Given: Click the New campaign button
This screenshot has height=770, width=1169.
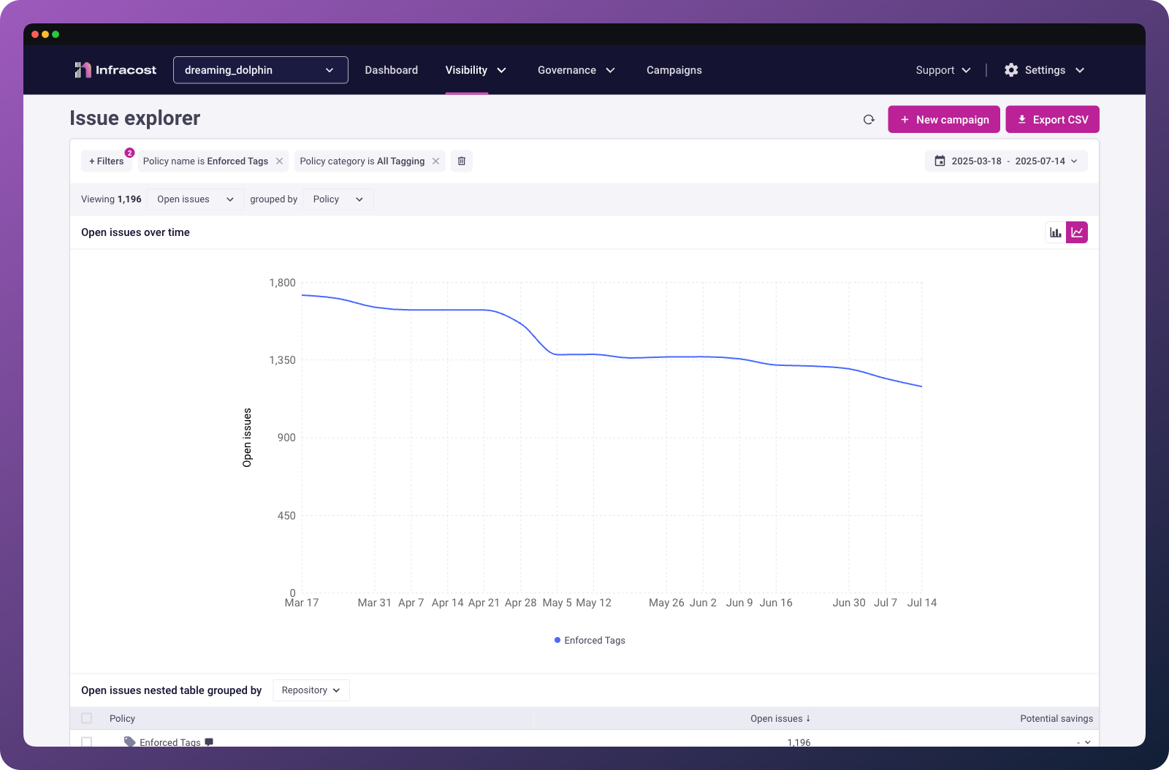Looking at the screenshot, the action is [x=943, y=120].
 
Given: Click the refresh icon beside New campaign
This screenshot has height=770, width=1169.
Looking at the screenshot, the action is [x=869, y=120].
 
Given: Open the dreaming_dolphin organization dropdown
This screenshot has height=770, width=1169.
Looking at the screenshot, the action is [x=260, y=70].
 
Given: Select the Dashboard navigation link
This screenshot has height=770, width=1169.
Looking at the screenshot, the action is [x=392, y=70].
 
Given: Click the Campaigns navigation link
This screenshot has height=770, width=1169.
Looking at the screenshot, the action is [x=674, y=70].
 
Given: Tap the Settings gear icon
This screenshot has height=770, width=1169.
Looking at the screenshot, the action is [x=1011, y=70].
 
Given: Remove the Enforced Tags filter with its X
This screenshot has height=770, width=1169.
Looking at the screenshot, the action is [x=279, y=161].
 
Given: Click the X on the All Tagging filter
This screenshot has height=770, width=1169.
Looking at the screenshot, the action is [x=435, y=161].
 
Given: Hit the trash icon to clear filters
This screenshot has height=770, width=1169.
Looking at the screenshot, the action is [x=461, y=161].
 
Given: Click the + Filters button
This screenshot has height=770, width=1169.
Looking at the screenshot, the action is [x=107, y=161].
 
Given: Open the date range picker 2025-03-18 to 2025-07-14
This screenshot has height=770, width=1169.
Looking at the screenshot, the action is [x=1006, y=161].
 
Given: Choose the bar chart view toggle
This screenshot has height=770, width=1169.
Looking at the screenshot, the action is [x=1056, y=232].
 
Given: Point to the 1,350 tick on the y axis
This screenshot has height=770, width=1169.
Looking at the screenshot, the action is [x=282, y=360].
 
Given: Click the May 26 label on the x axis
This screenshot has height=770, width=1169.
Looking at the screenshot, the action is [x=666, y=603].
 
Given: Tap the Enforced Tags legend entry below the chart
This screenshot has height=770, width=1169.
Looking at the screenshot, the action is [x=590, y=640].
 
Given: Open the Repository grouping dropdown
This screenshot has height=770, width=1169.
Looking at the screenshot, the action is [x=311, y=690].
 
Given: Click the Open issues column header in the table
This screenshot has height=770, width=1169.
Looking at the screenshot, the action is [x=780, y=718].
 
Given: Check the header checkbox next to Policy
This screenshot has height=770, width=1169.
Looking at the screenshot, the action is [x=87, y=718].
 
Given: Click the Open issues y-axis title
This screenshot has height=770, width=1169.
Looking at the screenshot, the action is [x=247, y=437].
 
